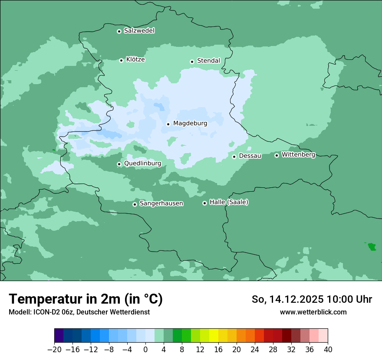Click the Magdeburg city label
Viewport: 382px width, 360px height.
coord(190,123)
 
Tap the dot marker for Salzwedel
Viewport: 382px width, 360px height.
coord(119,31)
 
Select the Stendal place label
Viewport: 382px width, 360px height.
coord(208,61)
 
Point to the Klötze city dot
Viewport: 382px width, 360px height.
coord(121,60)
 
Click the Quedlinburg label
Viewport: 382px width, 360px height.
coord(142,164)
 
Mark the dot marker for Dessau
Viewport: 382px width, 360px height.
coord(234,157)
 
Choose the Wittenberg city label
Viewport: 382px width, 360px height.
coord(298,154)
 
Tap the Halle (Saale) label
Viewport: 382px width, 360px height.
coord(229,202)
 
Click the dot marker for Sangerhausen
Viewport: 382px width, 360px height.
coord(135,204)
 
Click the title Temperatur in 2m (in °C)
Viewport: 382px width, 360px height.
coord(86,299)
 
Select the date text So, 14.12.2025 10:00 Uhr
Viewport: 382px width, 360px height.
coord(312,299)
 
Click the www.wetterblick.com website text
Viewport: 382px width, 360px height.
coord(313,312)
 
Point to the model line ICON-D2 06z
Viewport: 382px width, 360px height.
coord(79,312)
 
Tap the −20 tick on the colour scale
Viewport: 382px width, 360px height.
coord(55,350)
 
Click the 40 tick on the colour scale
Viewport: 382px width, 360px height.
coord(328,350)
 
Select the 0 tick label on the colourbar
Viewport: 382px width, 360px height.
coord(145,350)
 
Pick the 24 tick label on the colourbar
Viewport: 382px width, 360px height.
coord(255,350)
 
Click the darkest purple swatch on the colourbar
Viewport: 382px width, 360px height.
coord(59,336)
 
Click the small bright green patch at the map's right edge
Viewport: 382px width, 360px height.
coord(372,247)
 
